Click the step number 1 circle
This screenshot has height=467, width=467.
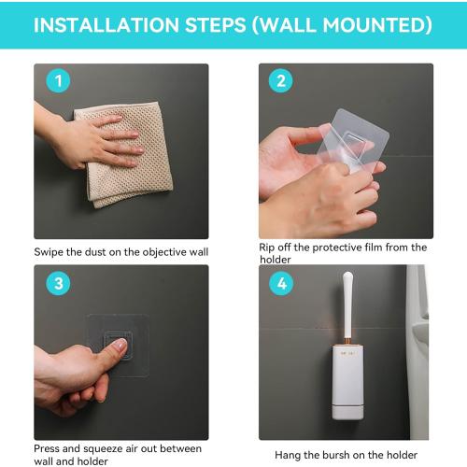coord(58,81)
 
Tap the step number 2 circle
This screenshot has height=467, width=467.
coord(281,81)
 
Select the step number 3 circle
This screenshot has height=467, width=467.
coord(58,283)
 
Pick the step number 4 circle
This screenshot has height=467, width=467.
coord(281,283)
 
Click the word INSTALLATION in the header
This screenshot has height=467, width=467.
coord(106,25)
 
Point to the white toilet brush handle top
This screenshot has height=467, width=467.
coord(348,278)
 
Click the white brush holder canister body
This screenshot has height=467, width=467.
coord(347,382)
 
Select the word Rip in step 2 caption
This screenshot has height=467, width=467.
coord(267,248)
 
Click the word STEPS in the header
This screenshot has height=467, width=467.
coord(216,25)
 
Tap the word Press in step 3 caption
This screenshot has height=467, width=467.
coord(47,449)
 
